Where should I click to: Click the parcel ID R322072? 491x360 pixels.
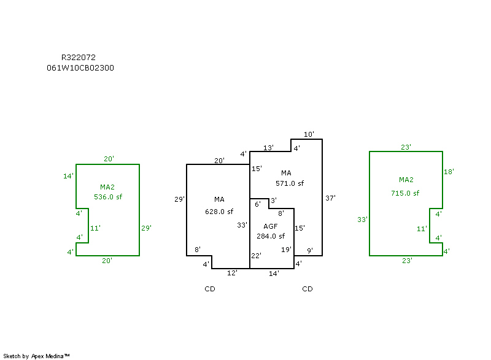click(78, 57)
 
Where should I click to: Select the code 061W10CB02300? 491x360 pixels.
click(80, 68)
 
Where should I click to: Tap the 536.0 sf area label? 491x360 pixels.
click(108, 197)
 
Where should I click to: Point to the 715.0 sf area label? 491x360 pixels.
click(405, 193)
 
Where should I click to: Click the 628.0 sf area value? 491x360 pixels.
click(219, 212)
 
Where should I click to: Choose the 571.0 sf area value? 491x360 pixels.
click(290, 183)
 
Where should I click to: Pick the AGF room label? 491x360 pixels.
click(271, 226)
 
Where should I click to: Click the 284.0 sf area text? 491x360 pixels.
click(271, 236)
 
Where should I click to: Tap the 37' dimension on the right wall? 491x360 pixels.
click(330, 198)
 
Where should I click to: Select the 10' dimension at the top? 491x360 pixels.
click(309, 134)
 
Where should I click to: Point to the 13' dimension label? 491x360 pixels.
click(268, 148)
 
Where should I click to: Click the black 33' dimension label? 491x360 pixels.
click(242, 225)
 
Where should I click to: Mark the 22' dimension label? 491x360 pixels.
click(256, 255)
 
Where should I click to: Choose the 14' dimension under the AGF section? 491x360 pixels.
click(274, 274)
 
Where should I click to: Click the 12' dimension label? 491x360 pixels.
click(233, 273)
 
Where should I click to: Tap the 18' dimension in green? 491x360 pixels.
click(449, 172)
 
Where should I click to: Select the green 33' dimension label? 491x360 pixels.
click(362, 219)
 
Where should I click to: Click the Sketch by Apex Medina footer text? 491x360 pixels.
click(37, 356)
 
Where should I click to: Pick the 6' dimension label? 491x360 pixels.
click(258, 204)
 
